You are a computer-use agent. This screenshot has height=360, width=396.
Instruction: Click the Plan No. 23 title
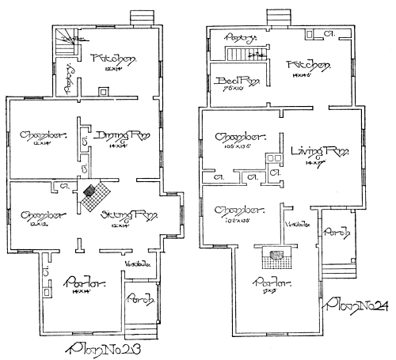click(x=111, y=347)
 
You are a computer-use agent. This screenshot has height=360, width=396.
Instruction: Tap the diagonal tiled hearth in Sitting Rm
click(x=94, y=193)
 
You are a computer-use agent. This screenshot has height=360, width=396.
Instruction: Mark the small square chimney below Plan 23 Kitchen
click(x=102, y=91)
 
